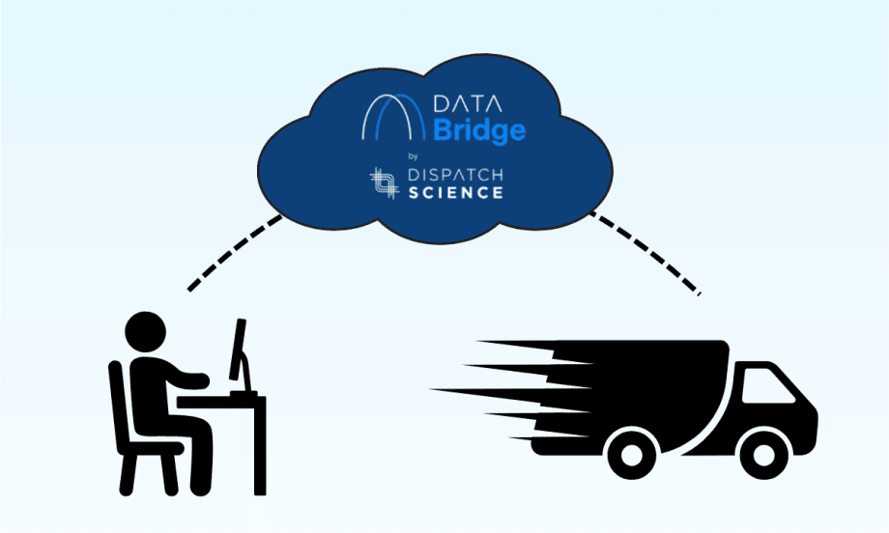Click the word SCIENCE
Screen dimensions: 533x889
tap(463, 192)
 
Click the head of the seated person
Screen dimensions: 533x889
tap(147, 331)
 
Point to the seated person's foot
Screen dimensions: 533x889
tap(200, 491)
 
